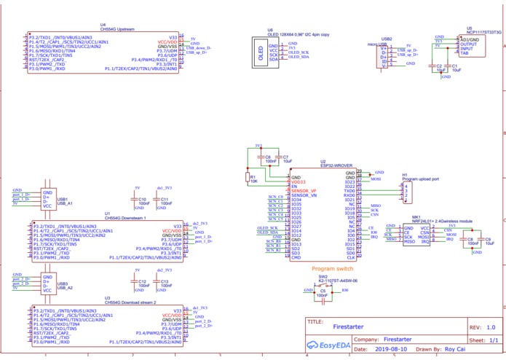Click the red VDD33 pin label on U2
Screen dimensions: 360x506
[x=299, y=182]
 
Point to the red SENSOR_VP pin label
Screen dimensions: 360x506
[x=304, y=192]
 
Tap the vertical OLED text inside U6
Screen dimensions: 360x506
[x=261, y=53]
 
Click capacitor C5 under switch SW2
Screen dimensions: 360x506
[x=323, y=291]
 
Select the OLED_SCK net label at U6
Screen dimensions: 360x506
[x=299, y=53]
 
